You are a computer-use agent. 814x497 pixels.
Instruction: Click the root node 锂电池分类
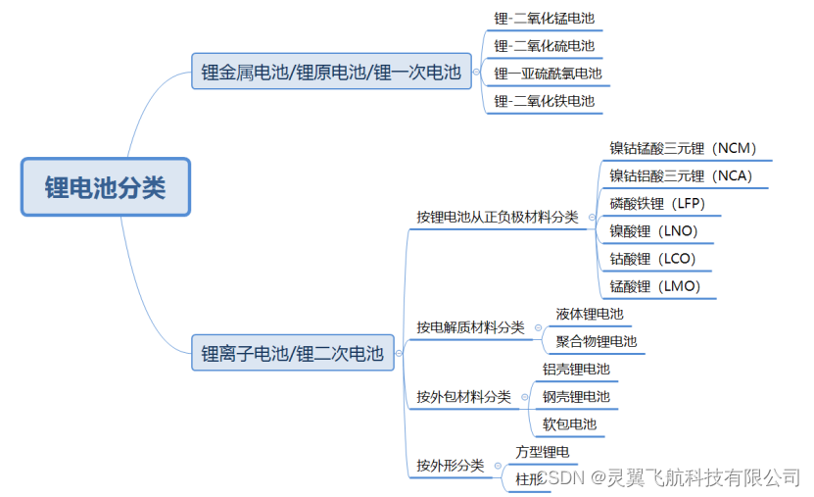pyautogui.click(x=105, y=187)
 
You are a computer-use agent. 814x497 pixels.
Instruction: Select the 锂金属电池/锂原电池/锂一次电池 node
pyautogui.click(x=331, y=72)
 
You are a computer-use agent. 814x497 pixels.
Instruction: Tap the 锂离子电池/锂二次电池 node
pyautogui.click(x=293, y=354)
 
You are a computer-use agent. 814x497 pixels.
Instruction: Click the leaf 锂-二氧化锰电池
pyautogui.click(x=544, y=19)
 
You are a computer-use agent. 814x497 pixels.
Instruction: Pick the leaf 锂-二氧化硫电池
pyautogui.click(x=544, y=46)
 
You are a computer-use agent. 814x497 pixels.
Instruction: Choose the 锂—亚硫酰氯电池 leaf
pyautogui.click(x=548, y=74)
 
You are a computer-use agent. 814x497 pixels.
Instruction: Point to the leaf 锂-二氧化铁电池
pyautogui.click(x=544, y=101)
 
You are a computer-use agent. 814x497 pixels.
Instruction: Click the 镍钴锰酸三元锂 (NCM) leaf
pyautogui.click(x=683, y=149)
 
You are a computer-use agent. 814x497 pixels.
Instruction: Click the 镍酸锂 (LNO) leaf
pyautogui.click(x=653, y=231)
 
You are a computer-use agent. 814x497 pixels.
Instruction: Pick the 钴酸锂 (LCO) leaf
pyautogui.click(x=653, y=259)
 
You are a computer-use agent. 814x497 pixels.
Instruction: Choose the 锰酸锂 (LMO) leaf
pyautogui.click(x=654, y=286)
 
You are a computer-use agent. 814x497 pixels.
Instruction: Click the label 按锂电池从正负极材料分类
pyautogui.click(x=497, y=217)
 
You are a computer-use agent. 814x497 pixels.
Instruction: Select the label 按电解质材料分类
pyautogui.click(x=470, y=327)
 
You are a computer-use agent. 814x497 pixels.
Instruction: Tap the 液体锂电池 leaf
pyautogui.click(x=589, y=315)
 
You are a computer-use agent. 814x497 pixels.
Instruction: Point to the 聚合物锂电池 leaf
pyautogui.click(x=596, y=342)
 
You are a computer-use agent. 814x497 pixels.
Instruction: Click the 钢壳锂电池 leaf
pyautogui.click(x=576, y=397)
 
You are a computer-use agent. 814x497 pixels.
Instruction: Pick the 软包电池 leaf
pyautogui.click(x=569, y=424)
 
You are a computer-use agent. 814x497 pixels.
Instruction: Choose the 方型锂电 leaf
pyautogui.click(x=542, y=452)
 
